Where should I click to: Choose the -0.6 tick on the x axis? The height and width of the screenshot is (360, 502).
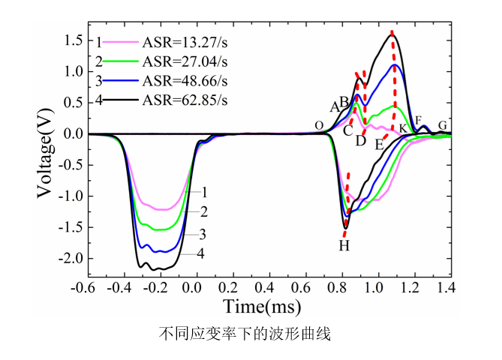(88, 287)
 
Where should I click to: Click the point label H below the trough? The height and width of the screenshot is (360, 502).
(344, 245)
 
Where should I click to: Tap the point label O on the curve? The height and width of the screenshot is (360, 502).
(319, 125)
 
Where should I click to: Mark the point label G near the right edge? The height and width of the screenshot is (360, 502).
(443, 124)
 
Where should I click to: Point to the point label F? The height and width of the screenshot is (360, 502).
(418, 121)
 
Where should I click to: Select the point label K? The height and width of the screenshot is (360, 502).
(403, 129)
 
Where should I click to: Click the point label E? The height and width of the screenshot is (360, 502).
(380, 143)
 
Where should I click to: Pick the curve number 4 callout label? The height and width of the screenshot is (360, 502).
(201, 253)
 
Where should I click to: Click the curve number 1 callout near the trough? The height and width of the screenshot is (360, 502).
(203, 192)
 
